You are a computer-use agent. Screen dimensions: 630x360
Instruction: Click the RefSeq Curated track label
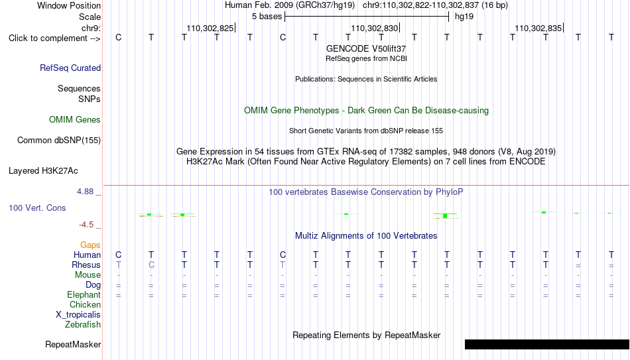70,68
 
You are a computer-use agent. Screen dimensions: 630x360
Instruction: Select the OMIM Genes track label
75,120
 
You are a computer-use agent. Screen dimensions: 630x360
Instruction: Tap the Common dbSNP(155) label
59,141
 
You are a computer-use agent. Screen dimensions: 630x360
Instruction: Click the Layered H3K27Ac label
43,171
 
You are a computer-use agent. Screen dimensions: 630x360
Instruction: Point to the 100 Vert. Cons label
37,208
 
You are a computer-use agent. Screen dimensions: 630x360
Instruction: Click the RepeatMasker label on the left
73,344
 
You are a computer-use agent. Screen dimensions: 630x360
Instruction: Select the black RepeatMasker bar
547,344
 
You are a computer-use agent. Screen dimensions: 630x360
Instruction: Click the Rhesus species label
86,265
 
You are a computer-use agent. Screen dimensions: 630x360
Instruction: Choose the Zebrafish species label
83,324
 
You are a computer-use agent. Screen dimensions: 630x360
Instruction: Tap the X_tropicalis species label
78,315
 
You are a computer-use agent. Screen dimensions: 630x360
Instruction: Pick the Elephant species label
84,294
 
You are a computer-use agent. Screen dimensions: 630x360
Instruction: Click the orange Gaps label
90,245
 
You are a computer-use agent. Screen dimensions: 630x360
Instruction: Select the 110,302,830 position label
375,28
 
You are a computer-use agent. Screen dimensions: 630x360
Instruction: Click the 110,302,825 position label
210,28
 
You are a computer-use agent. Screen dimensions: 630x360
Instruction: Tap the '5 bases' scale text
267,17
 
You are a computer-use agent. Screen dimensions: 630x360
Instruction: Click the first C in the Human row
119,255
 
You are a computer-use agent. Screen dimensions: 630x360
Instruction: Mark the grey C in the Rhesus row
151,265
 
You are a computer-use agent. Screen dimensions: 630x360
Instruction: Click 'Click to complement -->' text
54,38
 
